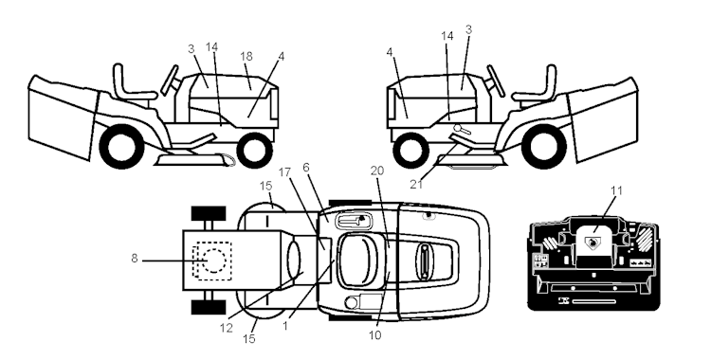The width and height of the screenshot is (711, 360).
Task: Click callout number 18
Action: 246,56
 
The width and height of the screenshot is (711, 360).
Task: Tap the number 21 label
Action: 416,184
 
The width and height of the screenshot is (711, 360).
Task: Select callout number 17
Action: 284,172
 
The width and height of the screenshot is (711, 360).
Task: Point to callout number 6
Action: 306,168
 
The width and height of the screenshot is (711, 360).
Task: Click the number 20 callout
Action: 376,171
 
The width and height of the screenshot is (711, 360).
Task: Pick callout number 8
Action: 135,259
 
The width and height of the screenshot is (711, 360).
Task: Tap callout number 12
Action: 226,328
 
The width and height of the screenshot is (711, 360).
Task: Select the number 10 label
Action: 375,335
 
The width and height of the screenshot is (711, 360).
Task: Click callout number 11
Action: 616,190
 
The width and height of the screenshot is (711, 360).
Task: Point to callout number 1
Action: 284,326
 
